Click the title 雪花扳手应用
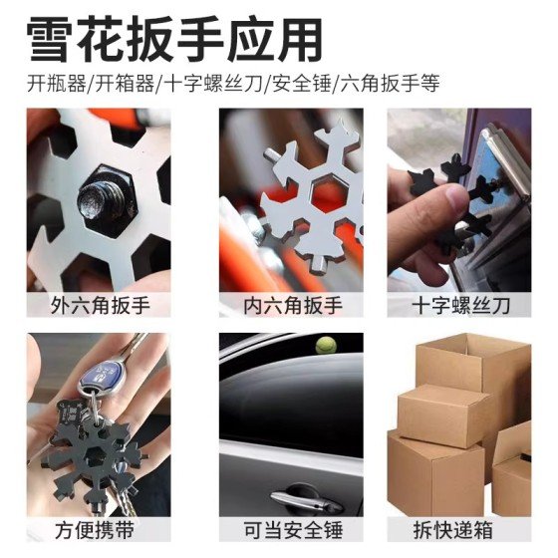(174, 40)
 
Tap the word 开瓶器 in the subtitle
(57, 84)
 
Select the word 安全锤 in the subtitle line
(301, 84)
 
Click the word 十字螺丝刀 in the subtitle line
(214, 84)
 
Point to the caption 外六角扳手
(100, 305)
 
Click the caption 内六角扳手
(293, 305)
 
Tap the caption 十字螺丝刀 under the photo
(460, 305)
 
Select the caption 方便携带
(95, 530)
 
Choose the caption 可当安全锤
(293, 530)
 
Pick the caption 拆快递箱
(452, 530)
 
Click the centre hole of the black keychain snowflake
(96, 455)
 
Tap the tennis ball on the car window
(325, 345)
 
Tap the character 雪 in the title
(51, 40)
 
